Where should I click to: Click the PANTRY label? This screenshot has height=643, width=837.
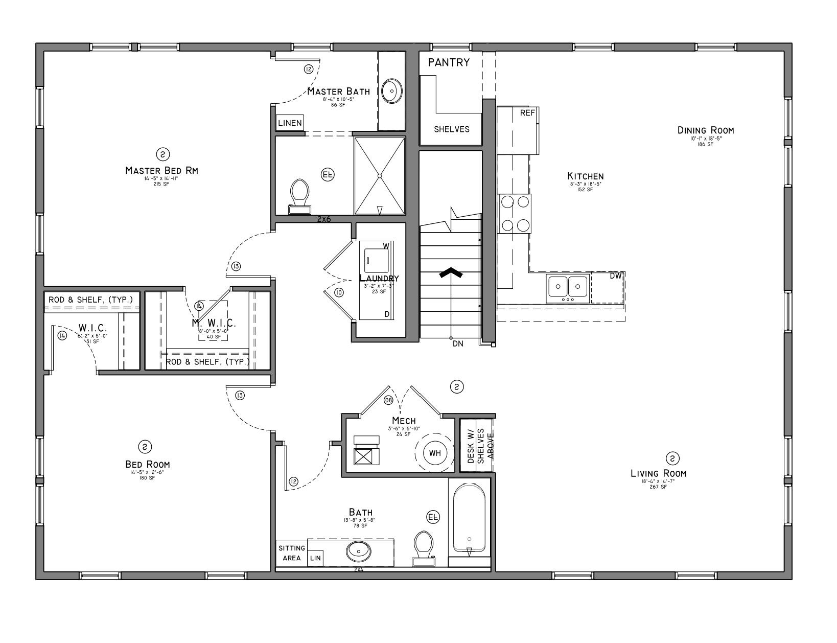tap(449, 62)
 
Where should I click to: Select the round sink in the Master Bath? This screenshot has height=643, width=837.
tap(392, 91)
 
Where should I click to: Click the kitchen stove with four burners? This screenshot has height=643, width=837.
tap(515, 213)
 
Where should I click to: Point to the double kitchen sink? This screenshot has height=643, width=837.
tap(567, 288)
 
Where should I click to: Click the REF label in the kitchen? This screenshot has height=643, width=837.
tap(527, 113)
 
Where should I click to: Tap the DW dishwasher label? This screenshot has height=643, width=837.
tap(616, 276)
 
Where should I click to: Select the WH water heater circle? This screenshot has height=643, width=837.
tap(435, 453)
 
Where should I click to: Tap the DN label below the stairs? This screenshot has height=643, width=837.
tap(458, 344)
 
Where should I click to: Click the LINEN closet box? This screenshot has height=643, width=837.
tap(290, 123)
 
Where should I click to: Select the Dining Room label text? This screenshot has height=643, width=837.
tap(705, 130)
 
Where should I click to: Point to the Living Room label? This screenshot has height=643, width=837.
tap(658, 473)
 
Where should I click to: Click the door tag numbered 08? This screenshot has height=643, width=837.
tap(388, 400)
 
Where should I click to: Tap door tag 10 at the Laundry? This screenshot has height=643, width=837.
tap(339, 292)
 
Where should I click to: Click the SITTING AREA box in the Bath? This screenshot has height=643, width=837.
tap(291, 553)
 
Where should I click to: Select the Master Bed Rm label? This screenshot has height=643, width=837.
tap(161, 170)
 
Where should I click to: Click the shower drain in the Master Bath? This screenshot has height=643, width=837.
tap(380, 176)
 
